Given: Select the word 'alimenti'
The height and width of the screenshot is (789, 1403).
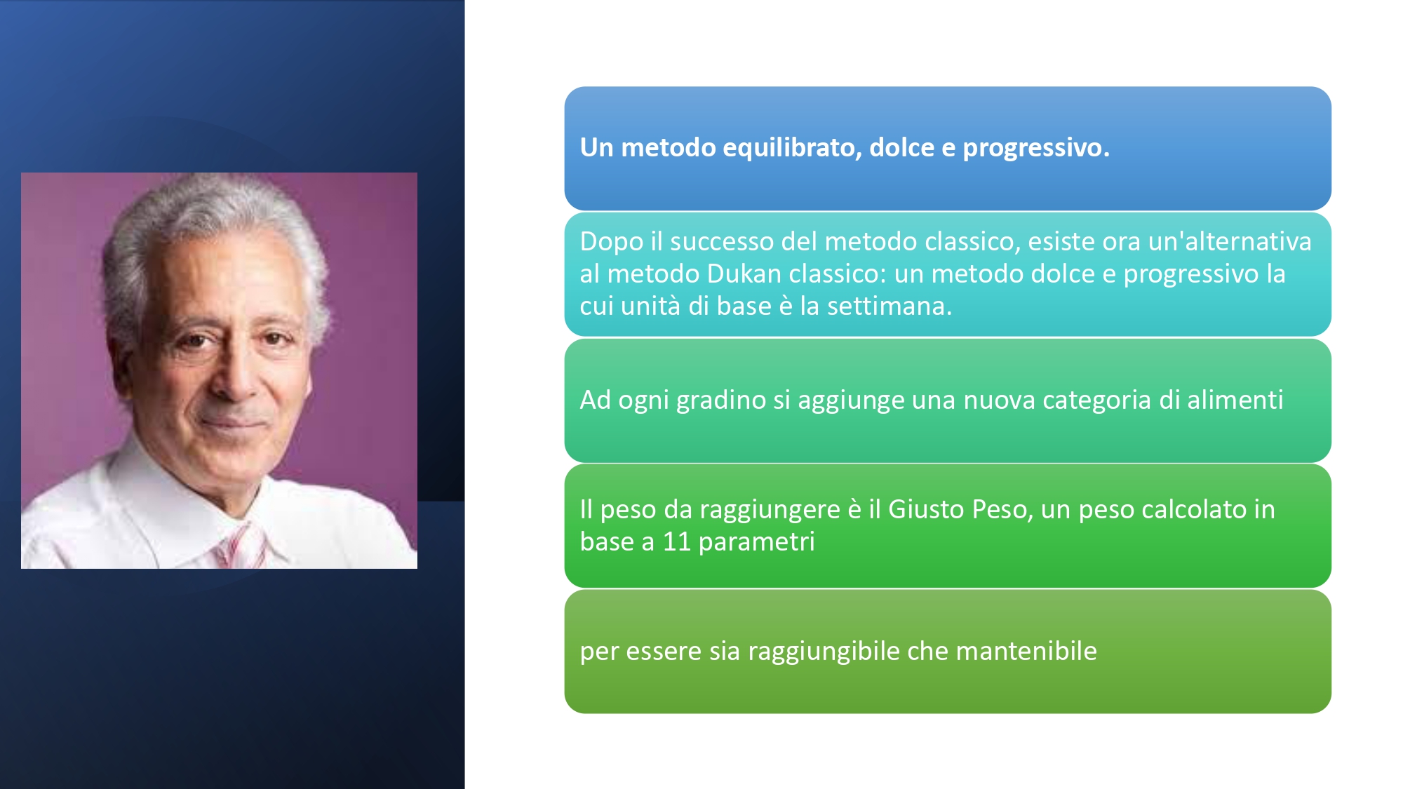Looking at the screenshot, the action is click(1235, 400).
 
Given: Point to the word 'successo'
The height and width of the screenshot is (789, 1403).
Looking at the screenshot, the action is click(722, 241).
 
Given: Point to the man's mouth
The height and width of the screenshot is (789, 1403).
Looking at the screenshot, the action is click(235, 424).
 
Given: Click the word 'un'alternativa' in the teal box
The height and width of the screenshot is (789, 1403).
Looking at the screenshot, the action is click(1230, 241).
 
